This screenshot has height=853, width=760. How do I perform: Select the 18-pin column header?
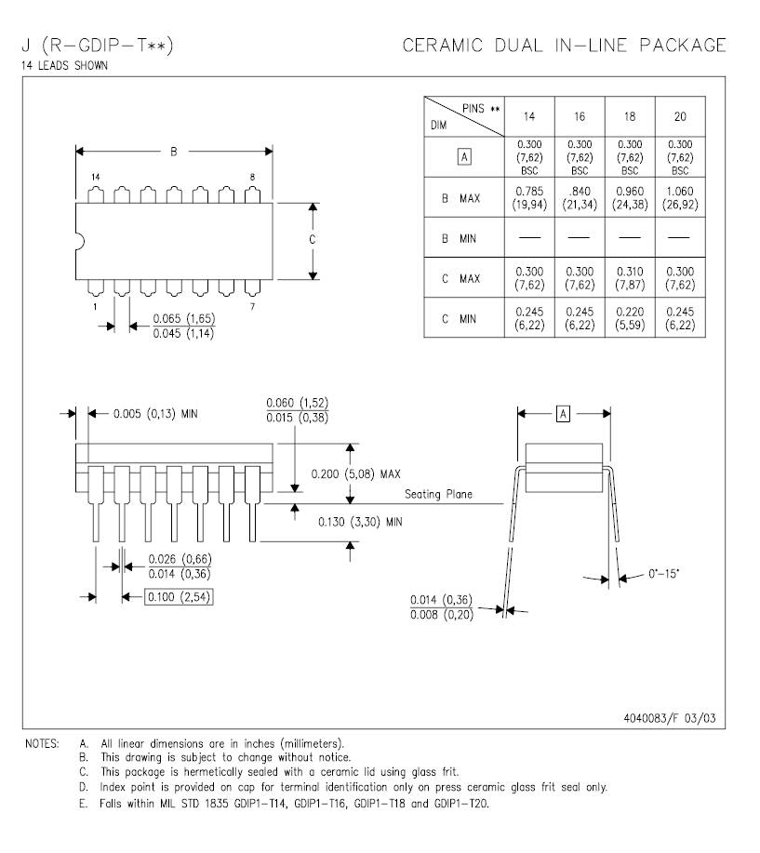[630, 116]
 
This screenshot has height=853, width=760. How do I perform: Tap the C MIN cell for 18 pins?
[630, 318]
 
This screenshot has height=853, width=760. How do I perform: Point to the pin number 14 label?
[96, 177]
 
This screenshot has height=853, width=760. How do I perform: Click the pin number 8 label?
[252, 177]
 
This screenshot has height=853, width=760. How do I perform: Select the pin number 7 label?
[252, 306]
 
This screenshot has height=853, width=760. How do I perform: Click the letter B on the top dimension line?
[174, 152]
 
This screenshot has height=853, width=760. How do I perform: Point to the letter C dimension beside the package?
[313, 239]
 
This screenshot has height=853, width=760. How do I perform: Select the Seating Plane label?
[438, 494]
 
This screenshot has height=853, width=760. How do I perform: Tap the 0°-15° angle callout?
[663, 573]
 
